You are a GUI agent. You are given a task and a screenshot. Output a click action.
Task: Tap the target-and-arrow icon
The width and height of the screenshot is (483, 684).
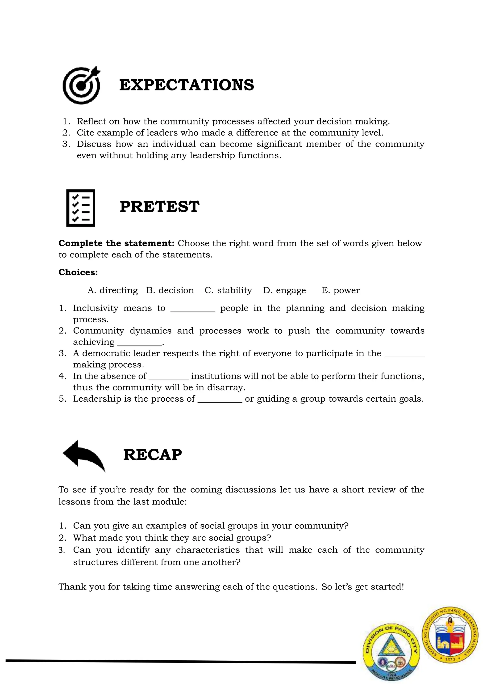(x=81, y=85)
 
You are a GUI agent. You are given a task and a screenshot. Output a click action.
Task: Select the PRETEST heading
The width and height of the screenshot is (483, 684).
(x=159, y=207)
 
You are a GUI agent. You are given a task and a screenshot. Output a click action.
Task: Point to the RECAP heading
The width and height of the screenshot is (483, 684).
(x=152, y=455)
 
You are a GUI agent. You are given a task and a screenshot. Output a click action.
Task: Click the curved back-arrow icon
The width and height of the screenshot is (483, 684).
(x=84, y=455)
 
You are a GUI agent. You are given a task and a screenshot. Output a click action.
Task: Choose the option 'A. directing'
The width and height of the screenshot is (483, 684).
(x=112, y=290)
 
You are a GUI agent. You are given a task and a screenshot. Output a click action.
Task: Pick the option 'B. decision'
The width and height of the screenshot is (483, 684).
(x=170, y=290)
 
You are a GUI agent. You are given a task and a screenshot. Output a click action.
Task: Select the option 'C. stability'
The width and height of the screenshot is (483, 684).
(x=228, y=290)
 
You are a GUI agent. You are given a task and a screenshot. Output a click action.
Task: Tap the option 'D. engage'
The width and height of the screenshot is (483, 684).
(x=284, y=290)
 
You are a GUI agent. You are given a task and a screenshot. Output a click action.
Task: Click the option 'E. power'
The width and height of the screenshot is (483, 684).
(x=341, y=290)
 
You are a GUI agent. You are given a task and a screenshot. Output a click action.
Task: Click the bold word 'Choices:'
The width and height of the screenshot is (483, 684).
(x=78, y=272)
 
